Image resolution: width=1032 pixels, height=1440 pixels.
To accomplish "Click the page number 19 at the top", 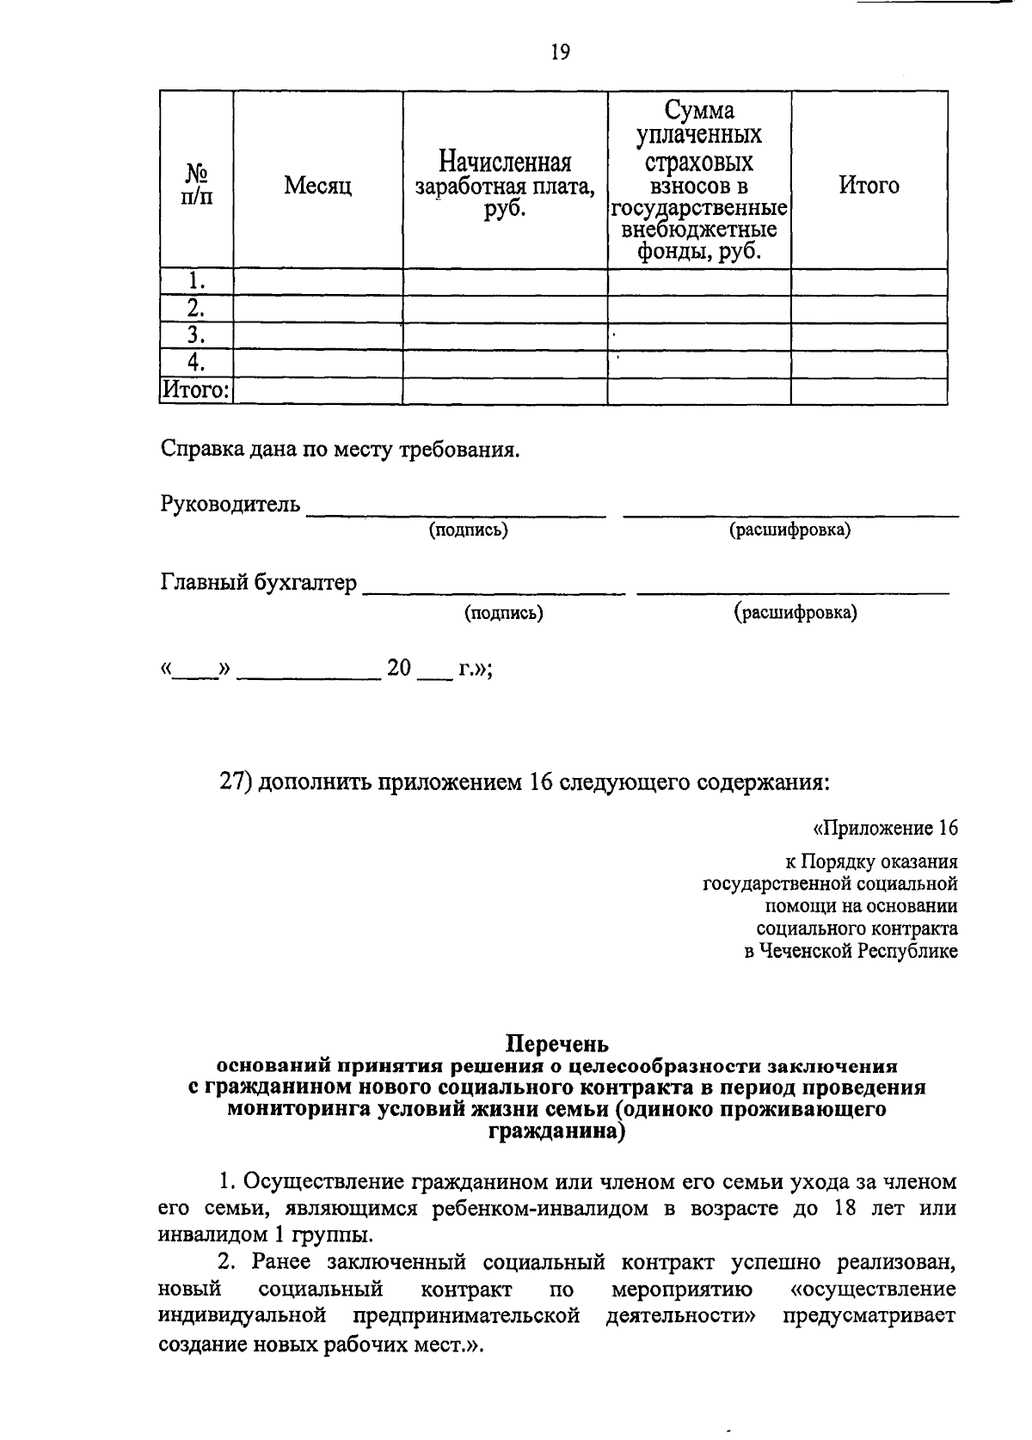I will coord(559,53).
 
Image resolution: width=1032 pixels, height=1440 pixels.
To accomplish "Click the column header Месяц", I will coord(317,186).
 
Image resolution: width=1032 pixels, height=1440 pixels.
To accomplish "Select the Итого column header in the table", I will coord(869,186).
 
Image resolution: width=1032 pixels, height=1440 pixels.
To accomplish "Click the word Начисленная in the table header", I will coord(505,162).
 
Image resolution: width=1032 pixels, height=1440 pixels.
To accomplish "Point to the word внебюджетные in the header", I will coord(699,230).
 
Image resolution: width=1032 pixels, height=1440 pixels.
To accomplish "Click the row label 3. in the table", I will coord(197,335).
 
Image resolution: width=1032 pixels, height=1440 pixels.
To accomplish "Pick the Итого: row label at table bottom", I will coord(197,390).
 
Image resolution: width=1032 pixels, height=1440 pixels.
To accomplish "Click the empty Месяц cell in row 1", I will coord(317,282).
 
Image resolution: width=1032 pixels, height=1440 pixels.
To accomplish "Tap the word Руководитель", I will coord(230,504).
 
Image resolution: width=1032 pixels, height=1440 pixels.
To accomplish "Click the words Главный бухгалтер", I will coord(258,583).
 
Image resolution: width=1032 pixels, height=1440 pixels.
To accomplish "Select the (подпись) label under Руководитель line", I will coord(469,530).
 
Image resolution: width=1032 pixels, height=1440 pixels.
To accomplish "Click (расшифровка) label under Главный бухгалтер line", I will coord(795,613).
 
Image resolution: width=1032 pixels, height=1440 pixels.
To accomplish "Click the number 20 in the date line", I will coord(400,668).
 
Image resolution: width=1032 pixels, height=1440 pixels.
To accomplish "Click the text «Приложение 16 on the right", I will coord(885,828).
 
